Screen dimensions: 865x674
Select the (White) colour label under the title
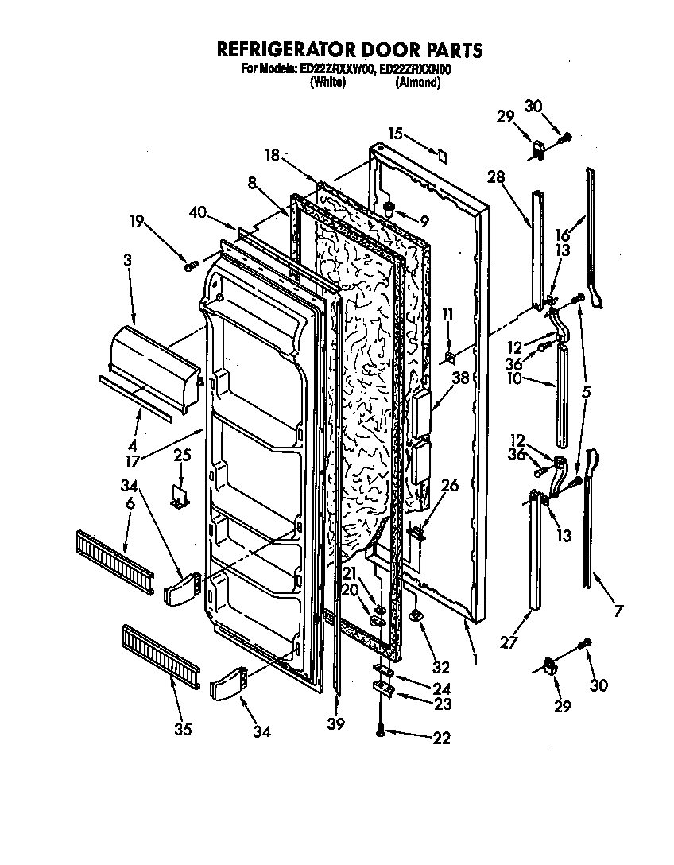tap(327, 82)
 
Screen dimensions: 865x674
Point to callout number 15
tap(396, 133)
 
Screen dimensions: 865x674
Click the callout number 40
tap(199, 212)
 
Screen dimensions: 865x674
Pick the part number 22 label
tap(442, 739)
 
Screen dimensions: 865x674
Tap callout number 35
tap(183, 730)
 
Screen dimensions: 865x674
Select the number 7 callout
tap(618, 611)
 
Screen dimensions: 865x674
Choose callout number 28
tap(496, 176)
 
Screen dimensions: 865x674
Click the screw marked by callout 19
tap(190, 266)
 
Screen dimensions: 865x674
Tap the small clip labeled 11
tap(451, 357)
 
